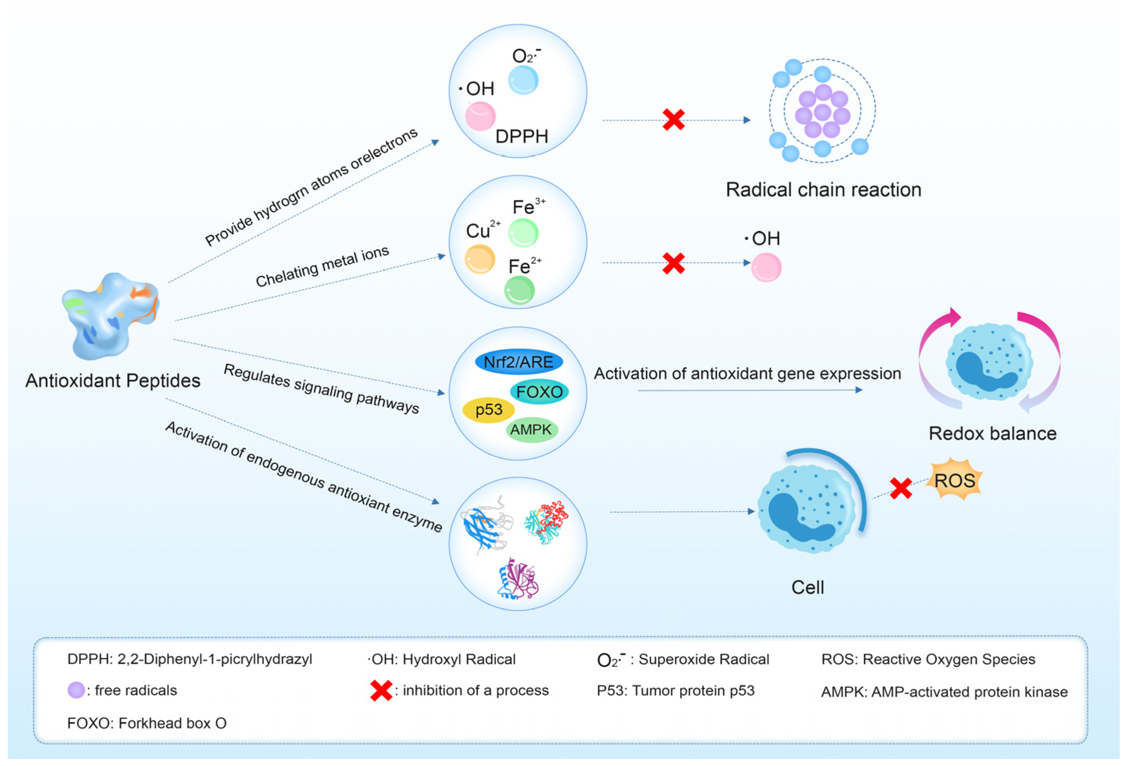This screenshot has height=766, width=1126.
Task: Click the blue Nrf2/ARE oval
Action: (x=518, y=362)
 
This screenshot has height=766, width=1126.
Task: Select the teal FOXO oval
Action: (x=539, y=392)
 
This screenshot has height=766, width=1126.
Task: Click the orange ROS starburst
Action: (x=954, y=480)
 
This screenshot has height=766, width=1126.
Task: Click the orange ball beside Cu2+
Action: (x=479, y=259)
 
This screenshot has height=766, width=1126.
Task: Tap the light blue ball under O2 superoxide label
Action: (x=523, y=80)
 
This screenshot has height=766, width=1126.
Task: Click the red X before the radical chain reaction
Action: (x=673, y=120)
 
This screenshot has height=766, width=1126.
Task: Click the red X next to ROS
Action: (x=900, y=488)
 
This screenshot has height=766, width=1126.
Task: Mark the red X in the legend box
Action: (x=381, y=690)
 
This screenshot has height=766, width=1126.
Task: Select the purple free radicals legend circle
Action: (x=76, y=690)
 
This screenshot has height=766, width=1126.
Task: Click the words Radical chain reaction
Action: (x=823, y=190)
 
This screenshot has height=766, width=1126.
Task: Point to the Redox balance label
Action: (x=992, y=433)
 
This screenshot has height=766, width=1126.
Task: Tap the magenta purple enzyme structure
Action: (x=518, y=579)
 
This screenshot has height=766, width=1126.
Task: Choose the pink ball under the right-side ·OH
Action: (x=766, y=267)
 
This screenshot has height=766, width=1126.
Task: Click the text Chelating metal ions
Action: (x=322, y=267)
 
